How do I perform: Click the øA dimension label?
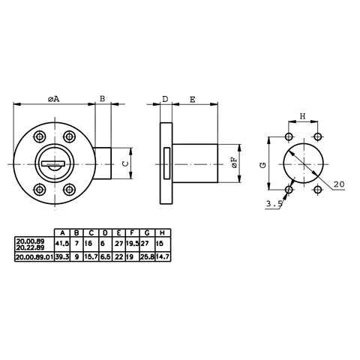click(54, 99)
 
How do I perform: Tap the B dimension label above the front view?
click(103, 98)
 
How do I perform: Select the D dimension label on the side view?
click(166, 99)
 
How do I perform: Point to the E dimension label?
click(193, 100)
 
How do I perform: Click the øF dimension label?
click(235, 163)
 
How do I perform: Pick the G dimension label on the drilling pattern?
click(263, 165)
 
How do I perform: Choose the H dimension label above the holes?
click(303, 116)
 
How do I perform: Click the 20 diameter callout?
click(339, 184)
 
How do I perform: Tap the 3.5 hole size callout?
click(274, 204)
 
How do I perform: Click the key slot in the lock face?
click(53, 163)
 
